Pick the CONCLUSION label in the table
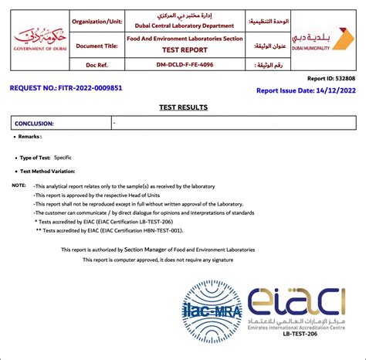pyautogui.click(x=35, y=123)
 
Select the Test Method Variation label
pyautogui.click(x=53, y=171)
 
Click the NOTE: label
pyautogui.click(x=19, y=186)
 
